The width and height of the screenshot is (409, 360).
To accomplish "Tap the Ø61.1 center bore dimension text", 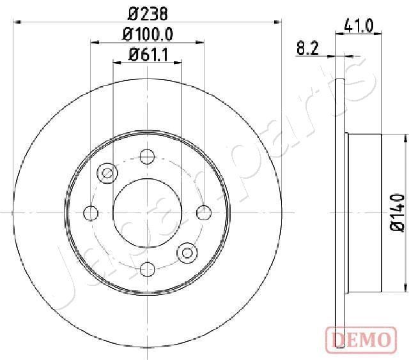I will tap(148, 54).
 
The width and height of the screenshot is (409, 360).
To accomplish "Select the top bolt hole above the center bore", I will tap(148, 155).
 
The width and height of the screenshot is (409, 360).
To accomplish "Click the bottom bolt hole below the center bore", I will tap(148, 269).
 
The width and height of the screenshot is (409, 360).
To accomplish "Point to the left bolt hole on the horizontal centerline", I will tap(91, 212).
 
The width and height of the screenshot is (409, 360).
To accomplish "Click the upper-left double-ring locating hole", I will tap(107, 172).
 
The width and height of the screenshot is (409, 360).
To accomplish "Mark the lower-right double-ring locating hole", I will tap(188, 252).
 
